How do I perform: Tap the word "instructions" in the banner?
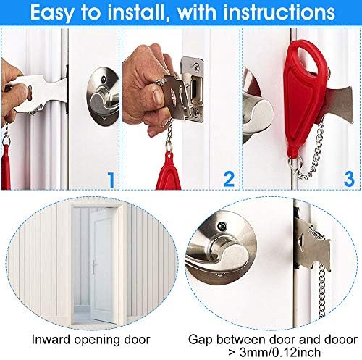pyautogui.click(x=279, y=12)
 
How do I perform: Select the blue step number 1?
pyautogui.click(x=111, y=180)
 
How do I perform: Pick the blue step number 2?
pyautogui.click(x=229, y=179)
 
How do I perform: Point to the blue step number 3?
pyautogui.click(x=349, y=179)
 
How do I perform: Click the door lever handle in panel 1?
pyautogui.click(x=103, y=97)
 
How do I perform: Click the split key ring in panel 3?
pyautogui.click(x=295, y=163)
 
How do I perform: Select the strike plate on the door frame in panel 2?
pyautogui.click(x=193, y=89)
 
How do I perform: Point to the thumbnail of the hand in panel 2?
pyautogui.click(x=158, y=97)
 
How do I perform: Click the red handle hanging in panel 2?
pyautogui.click(x=168, y=173)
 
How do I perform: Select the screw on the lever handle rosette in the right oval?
pyautogui.click(x=222, y=226)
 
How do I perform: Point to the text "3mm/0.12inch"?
pyautogui.click(x=280, y=353)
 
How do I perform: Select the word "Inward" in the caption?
pyautogui.click(x=51, y=340)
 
